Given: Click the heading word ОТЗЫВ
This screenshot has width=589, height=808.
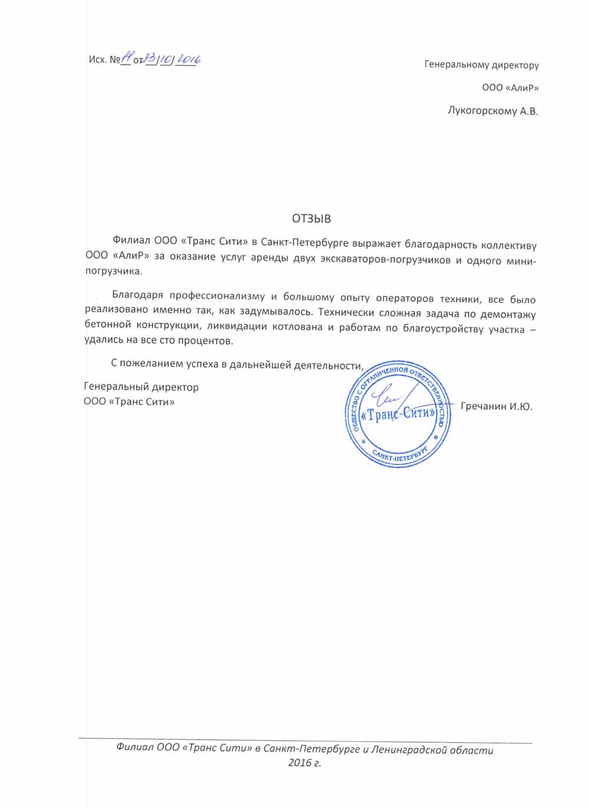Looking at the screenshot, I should [312, 219].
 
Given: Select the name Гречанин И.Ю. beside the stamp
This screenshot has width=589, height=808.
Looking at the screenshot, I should [497, 407].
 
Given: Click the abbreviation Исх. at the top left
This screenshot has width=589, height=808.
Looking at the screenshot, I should [97, 60].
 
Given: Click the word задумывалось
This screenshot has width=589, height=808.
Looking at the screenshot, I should [280, 313].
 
